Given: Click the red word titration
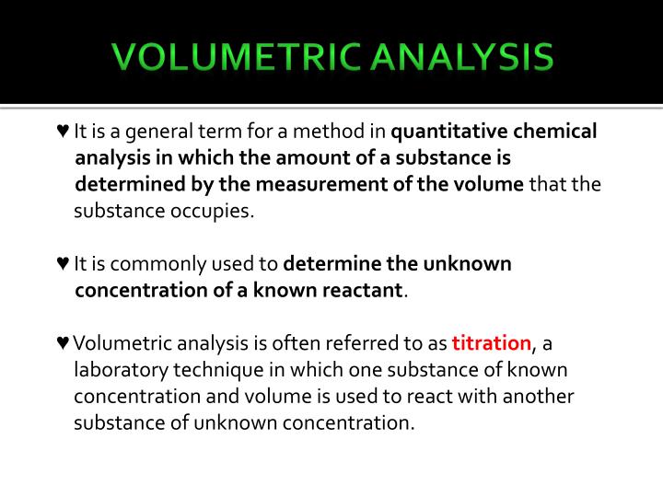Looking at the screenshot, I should (x=492, y=343).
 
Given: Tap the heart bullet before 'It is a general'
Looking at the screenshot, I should (x=62, y=132).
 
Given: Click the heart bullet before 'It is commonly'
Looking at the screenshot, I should (x=62, y=264).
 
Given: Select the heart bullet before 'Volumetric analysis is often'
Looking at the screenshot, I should (x=62, y=343).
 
